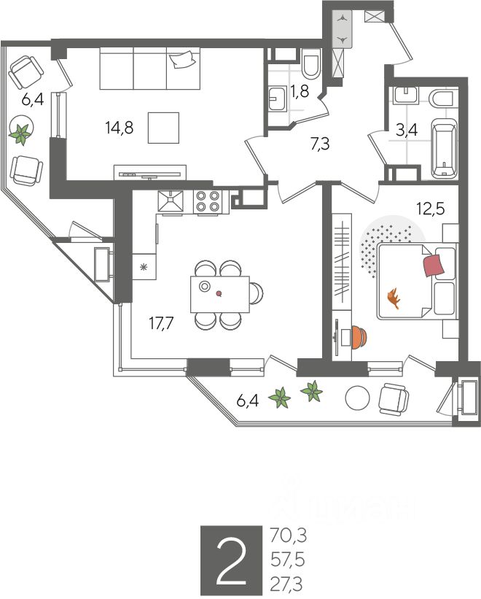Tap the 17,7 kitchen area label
click(x=161, y=324)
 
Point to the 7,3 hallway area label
click(x=320, y=144)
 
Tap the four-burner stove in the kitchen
click(x=208, y=201)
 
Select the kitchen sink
click(x=172, y=201)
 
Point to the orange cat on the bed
click(x=395, y=298)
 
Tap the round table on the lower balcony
click(x=358, y=398)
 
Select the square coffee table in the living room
click(x=164, y=128)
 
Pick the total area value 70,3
click(x=288, y=537)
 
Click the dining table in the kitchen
click(x=219, y=293)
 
